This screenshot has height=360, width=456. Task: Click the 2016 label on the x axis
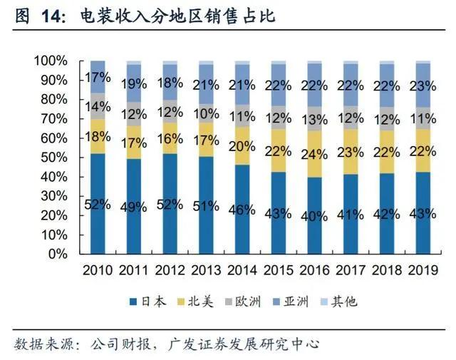[x=316, y=270]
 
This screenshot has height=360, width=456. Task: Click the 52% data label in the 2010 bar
[x=98, y=205]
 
